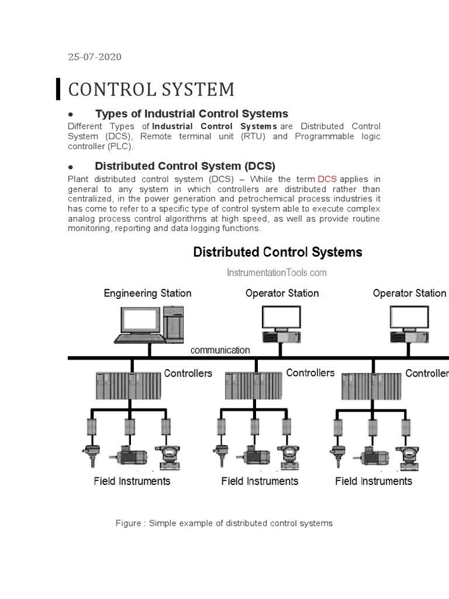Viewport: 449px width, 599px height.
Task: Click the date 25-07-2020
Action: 95,57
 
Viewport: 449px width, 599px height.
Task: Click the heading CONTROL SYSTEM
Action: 151,89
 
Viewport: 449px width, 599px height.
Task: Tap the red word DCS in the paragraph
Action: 327,179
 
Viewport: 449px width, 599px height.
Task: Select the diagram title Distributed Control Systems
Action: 278,252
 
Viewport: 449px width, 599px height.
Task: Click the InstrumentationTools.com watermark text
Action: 277,273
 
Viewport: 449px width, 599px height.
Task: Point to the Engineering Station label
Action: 147,293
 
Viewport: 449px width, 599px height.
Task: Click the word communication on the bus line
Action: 220,350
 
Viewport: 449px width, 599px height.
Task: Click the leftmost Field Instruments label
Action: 132,481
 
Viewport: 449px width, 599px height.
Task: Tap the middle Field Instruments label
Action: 260,481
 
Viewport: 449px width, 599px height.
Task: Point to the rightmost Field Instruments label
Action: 374,481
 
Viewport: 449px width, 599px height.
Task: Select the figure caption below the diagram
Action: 224,523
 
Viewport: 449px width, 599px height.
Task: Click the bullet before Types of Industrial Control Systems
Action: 70,114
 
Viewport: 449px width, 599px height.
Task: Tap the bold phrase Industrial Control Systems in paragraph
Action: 215,126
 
